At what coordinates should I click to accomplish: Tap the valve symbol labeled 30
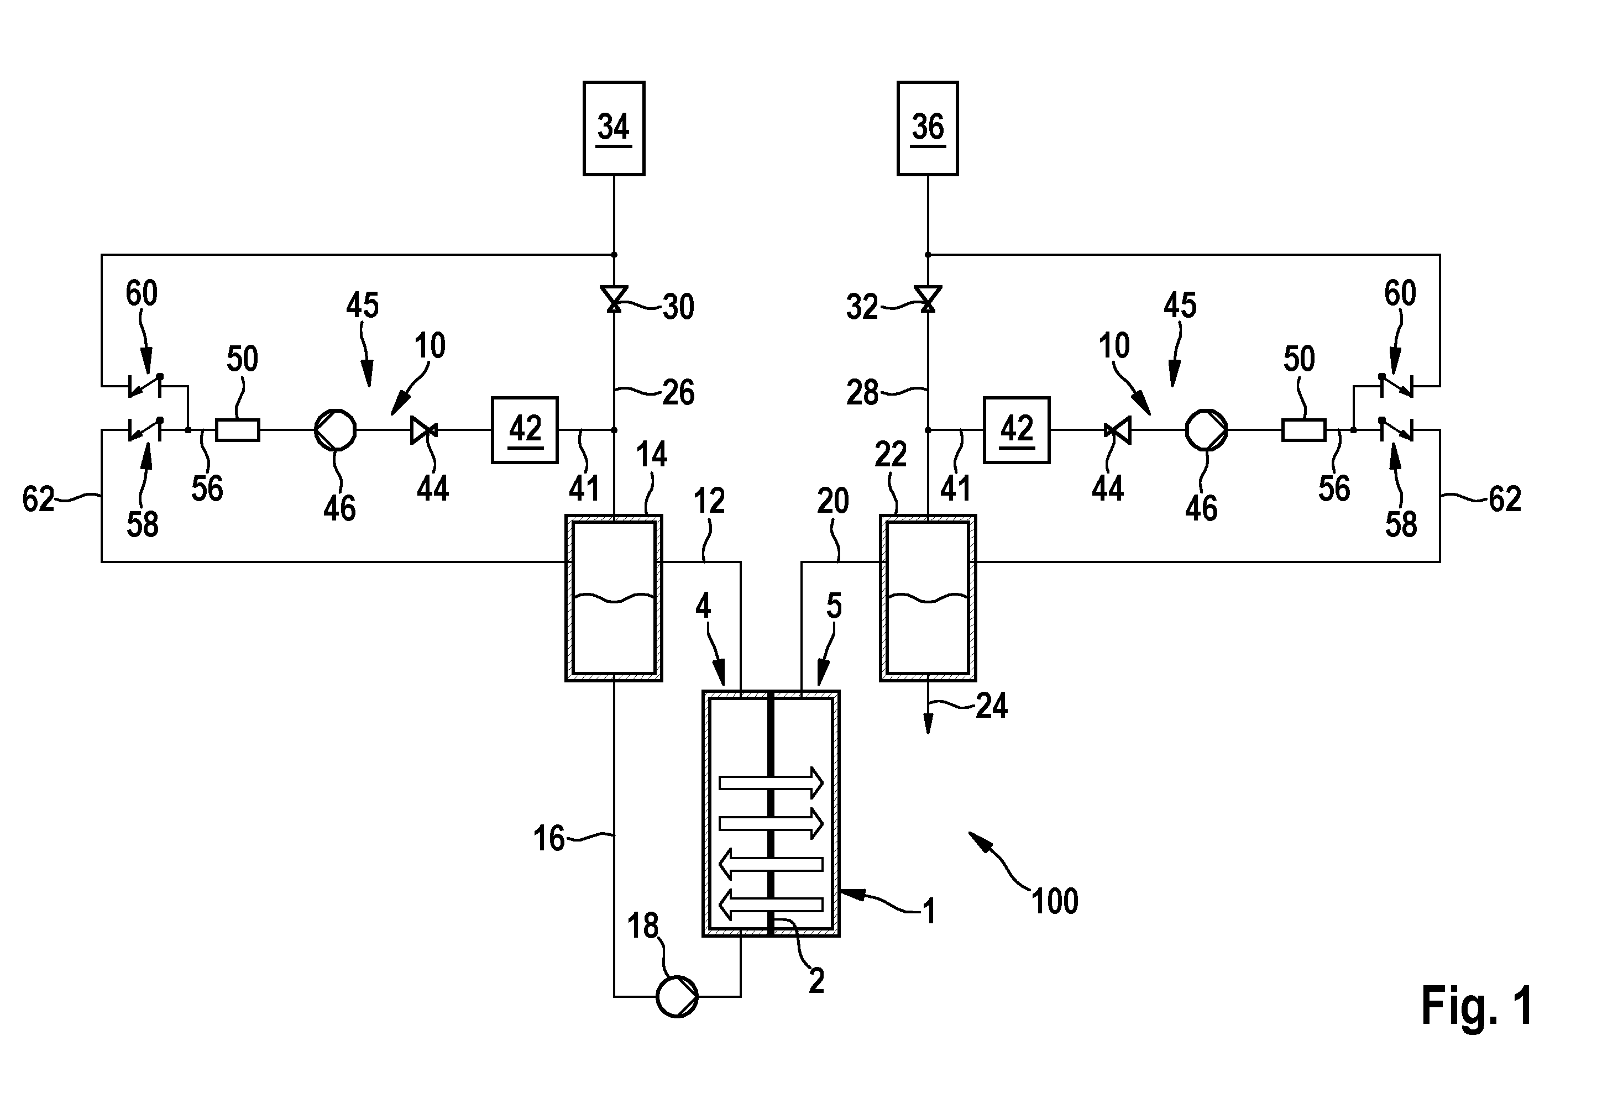pos(614,298)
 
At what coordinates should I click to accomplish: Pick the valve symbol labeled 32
pos(928,298)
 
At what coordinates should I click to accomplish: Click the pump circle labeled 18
pos(677,997)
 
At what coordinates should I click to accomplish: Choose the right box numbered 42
pos(1017,430)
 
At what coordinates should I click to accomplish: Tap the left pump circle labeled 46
pos(336,430)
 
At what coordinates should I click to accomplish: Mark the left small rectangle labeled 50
pos(237,430)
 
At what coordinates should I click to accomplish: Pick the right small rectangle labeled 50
pos(1303,430)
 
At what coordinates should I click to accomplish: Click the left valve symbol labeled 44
pos(423,430)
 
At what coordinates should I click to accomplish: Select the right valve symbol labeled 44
pos(1117,430)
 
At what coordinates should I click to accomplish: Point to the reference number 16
pos(548,838)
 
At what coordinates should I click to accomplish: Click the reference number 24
pos(991,705)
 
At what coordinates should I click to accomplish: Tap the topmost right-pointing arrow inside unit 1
pos(771,782)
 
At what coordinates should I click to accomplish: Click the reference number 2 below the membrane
pos(816,980)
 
